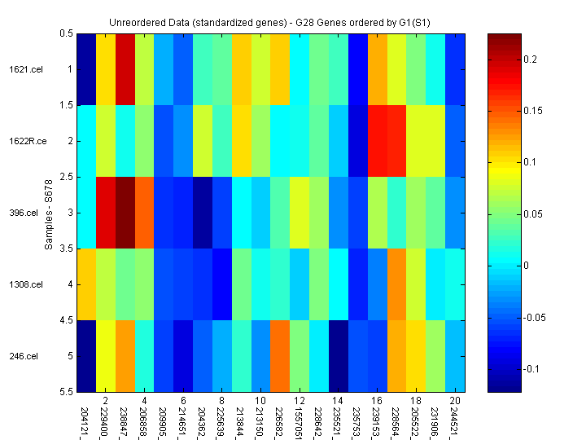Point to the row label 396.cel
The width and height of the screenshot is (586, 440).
[23, 213]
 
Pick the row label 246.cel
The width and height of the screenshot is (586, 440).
[23, 356]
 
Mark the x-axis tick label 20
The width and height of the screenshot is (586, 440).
[456, 402]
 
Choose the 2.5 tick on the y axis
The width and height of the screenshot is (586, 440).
[67, 177]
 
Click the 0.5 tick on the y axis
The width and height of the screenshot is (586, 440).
[67, 33]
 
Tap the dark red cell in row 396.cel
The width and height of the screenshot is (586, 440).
[125, 213]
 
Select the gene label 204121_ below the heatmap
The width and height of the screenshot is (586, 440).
[85, 420]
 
